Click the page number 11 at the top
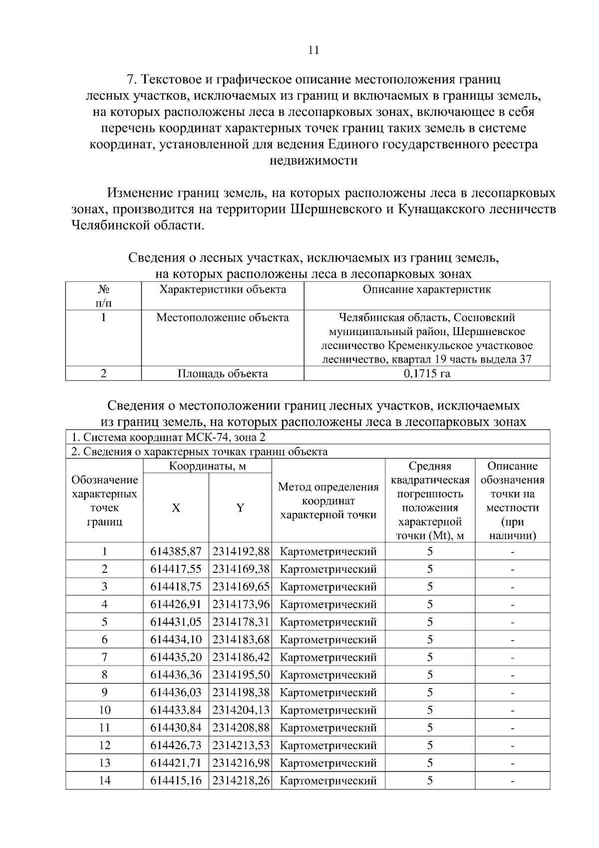(x=313, y=50)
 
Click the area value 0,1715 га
(x=427, y=374)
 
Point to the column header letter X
(x=176, y=508)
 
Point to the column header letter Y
(x=240, y=508)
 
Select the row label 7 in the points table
(x=104, y=657)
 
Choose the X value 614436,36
(x=176, y=675)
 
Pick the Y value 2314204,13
(x=241, y=710)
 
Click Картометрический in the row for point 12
(x=328, y=745)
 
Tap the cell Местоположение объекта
(x=223, y=318)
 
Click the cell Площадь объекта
(x=223, y=374)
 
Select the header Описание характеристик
(x=427, y=290)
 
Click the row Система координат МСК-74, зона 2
(x=169, y=437)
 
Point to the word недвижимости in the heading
(x=313, y=161)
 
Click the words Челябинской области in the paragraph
(x=137, y=225)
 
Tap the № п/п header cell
(x=103, y=296)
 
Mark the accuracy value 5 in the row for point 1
(x=430, y=551)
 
